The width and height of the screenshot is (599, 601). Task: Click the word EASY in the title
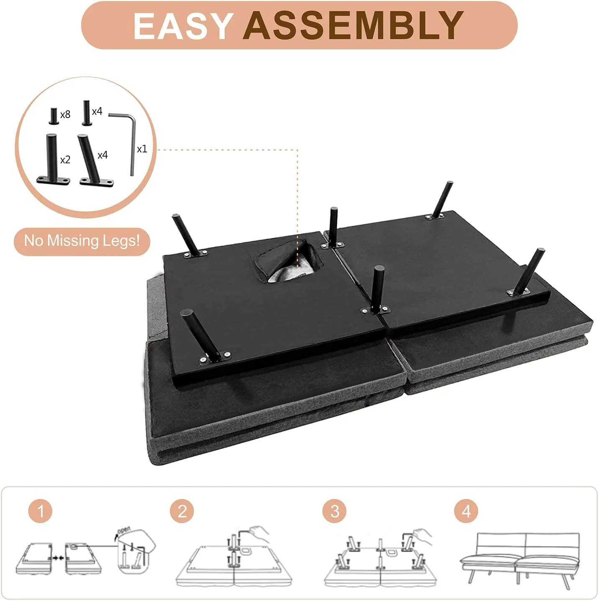point(182,26)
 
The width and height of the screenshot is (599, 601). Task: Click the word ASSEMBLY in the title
point(353,26)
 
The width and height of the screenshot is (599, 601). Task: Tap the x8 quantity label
point(65,115)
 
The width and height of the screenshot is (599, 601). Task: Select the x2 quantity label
point(65,160)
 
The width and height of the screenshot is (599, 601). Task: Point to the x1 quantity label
point(142,149)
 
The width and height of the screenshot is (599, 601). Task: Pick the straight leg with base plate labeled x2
point(53,160)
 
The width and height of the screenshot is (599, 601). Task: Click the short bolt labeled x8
point(54,116)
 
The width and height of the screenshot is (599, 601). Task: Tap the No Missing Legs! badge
point(82,242)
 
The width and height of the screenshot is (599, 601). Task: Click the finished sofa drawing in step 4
point(520,558)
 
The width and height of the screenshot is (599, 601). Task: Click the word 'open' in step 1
point(124,530)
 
